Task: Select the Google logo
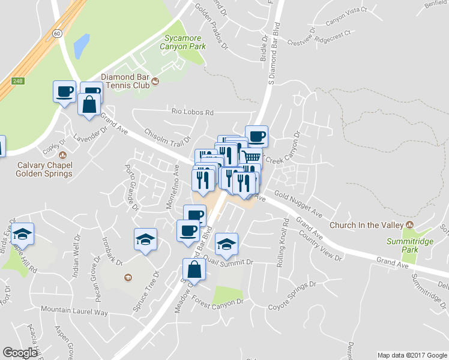20,353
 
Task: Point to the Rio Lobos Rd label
193,112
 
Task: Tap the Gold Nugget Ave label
298,204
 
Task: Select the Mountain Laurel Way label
74,311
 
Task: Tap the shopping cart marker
252,158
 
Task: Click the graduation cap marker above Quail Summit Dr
226,243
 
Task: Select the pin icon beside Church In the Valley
410,224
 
